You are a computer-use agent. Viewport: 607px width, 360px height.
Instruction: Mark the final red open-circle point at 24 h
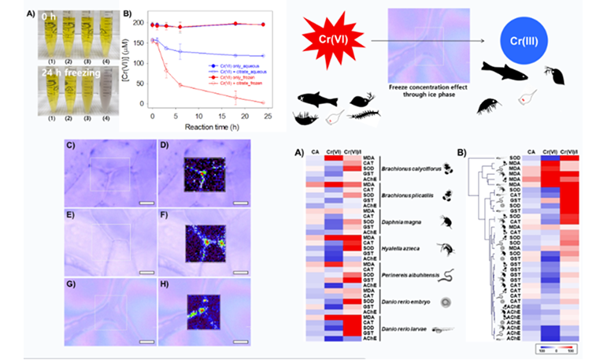[262, 102]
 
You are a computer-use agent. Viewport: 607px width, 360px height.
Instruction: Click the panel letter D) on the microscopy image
[165, 145]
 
